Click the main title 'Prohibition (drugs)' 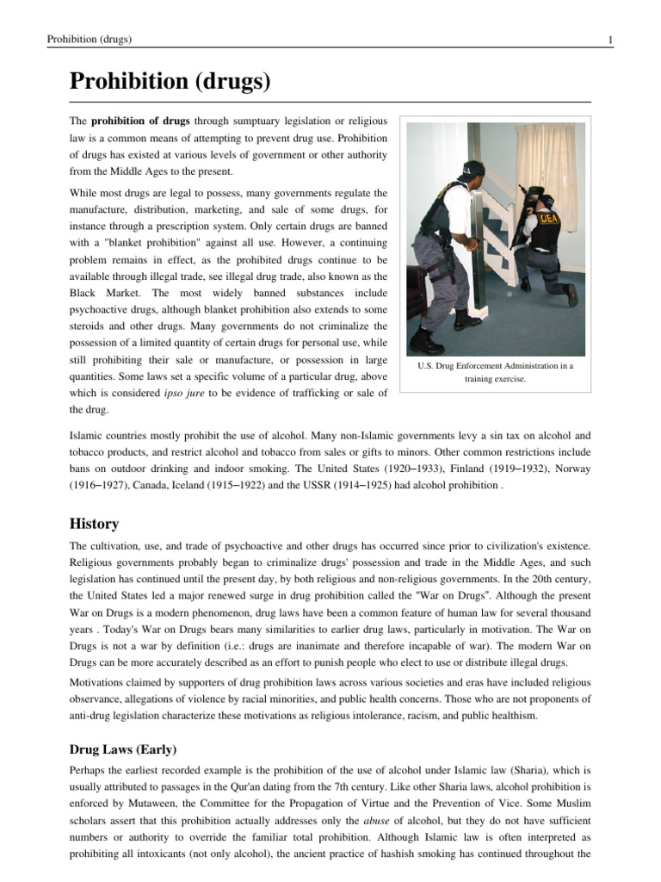coord(170,83)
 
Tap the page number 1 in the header coord(609,40)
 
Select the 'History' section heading coord(94,524)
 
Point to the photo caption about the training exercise coord(494,372)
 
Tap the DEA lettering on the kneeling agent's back coord(547,219)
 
